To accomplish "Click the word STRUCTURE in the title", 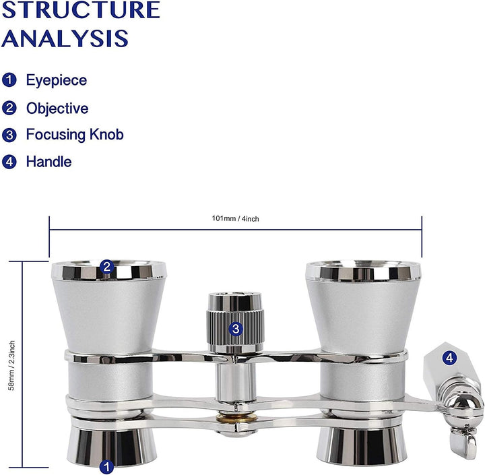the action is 81,9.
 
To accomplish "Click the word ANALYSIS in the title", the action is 65,38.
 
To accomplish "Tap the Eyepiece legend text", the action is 57,80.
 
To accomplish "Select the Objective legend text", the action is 57,108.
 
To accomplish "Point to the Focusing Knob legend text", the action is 75,135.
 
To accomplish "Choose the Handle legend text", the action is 49,162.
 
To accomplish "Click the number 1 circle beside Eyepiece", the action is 9,80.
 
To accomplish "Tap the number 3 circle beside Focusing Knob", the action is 9,135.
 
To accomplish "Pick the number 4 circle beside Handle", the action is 9,162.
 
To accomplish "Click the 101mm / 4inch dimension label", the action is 235,219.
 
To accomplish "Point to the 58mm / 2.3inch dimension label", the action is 11,365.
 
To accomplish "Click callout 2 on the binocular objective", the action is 107,267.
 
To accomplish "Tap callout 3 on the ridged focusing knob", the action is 236,329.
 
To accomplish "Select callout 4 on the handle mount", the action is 449,358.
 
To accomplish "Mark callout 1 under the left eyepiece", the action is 106,466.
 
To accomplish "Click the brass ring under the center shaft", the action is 236,418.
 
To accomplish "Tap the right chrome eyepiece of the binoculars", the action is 361,446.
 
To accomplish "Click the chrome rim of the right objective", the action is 363,271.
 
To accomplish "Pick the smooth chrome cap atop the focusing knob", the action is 235,300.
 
